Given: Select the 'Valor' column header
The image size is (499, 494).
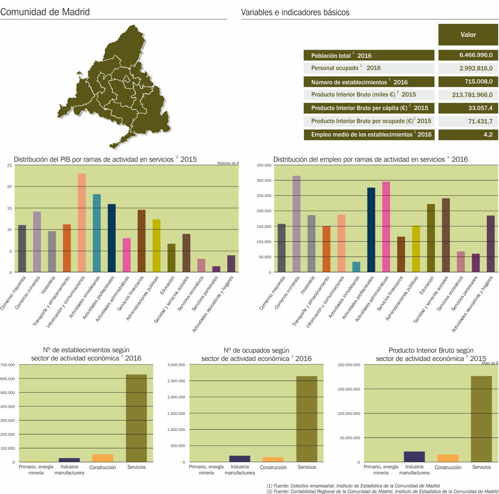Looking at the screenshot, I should (x=468, y=35).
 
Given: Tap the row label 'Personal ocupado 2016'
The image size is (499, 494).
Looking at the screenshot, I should (x=346, y=68).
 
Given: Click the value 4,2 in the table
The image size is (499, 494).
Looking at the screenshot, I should (x=488, y=135).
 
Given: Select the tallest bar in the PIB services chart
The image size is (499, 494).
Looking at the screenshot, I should (x=82, y=223).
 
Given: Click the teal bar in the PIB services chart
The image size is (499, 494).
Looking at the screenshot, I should (x=97, y=233).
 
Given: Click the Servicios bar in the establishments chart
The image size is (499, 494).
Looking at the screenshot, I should (x=136, y=418).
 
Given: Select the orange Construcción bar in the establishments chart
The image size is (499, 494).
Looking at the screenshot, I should (x=103, y=458).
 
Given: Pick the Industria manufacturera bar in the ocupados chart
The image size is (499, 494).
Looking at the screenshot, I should (x=239, y=459).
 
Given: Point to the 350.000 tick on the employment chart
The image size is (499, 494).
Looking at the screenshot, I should (x=264, y=165).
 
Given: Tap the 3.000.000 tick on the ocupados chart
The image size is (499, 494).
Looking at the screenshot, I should (x=176, y=365).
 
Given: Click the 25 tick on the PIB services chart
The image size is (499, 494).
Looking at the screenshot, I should (x=9, y=165).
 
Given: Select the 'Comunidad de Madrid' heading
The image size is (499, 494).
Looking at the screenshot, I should (x=45, y=12).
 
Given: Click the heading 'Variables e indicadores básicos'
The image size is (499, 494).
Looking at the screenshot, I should (x=295, y=13).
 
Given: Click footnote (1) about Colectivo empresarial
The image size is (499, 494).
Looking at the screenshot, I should (x=353, y=486).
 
